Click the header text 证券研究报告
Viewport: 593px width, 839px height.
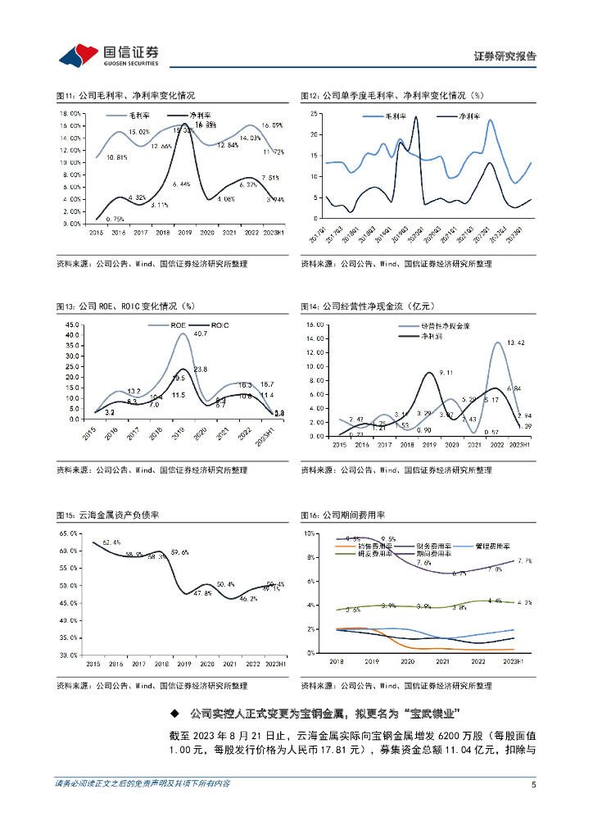tap(505, 57)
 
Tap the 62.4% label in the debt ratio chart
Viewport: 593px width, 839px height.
tap(111, 542)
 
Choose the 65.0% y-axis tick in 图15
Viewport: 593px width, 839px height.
tap(68, 533)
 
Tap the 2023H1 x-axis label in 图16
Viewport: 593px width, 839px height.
tap(512, 660)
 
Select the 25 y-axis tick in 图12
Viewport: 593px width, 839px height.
tap(314, 114)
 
